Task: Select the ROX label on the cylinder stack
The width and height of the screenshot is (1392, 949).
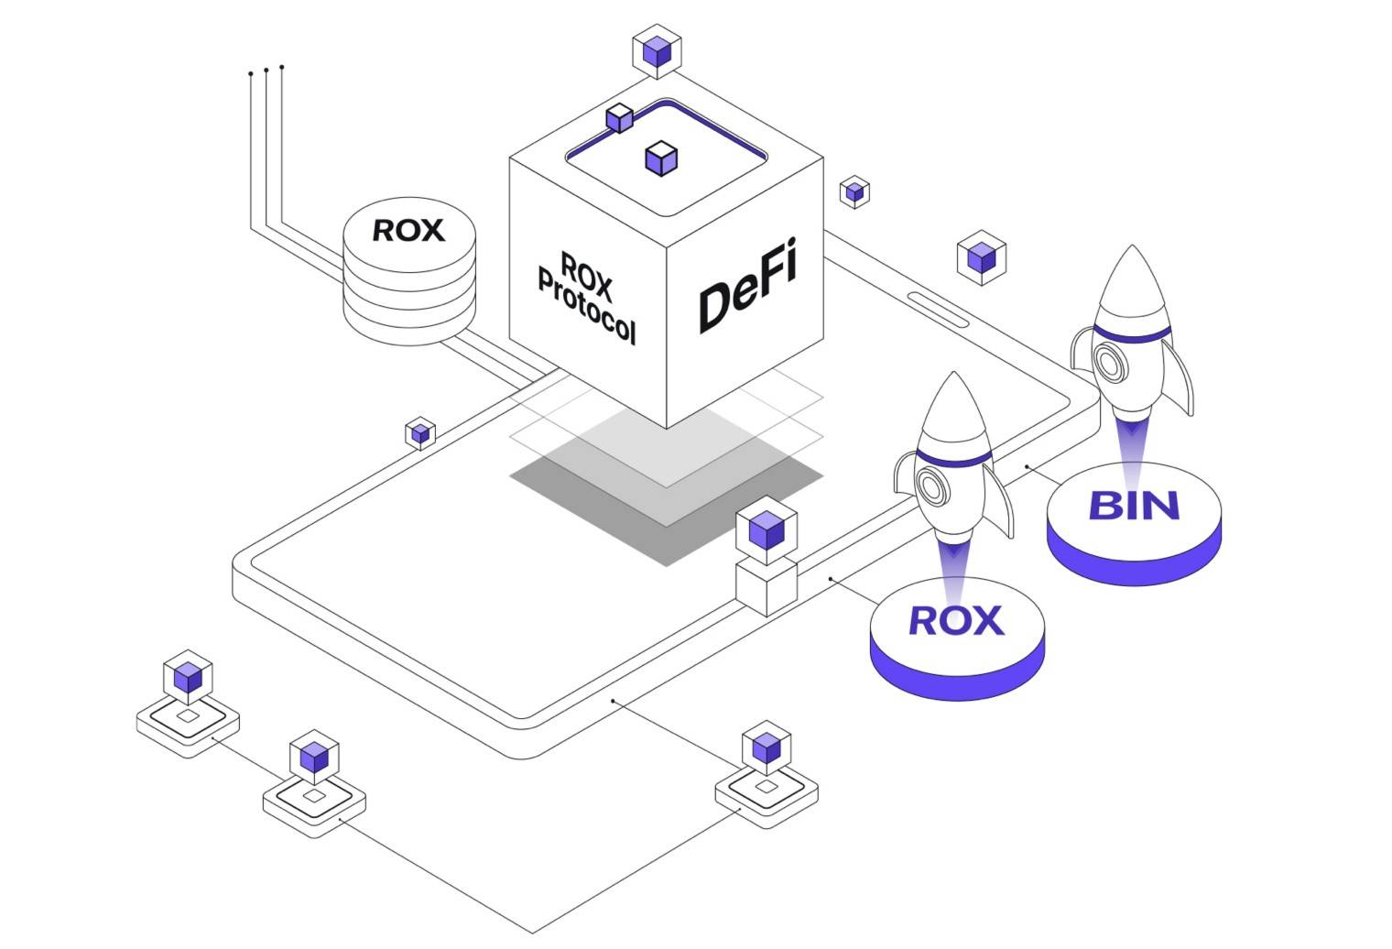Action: tap(408, 230)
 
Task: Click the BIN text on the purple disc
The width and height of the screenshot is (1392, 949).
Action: tap(1134, 506)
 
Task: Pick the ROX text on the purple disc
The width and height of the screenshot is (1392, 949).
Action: tap(956, 620)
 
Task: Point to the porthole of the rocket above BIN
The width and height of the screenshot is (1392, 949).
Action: tap(1109, 363)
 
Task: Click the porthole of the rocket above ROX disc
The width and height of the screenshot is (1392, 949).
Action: tap(931, 487)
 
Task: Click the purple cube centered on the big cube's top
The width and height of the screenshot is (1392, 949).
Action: tap(661, 158)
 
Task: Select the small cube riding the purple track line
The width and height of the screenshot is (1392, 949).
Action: tap(620, 118)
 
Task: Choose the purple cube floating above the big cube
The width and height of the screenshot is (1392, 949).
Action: tap(657, 51)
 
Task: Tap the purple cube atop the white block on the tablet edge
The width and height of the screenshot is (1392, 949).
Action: tap(766, 529)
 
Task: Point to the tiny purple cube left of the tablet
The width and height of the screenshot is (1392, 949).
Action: tap(420, 433)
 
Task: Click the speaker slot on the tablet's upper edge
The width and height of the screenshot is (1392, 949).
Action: tap(939, 309)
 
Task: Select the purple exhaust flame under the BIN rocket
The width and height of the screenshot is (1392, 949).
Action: tap(1133, 449)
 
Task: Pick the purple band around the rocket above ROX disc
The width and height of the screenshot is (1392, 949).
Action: tap(953, 456)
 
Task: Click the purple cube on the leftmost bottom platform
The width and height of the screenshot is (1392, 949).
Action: tap(188, 678)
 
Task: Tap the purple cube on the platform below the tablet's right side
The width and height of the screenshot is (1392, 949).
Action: tap(766, 748)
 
